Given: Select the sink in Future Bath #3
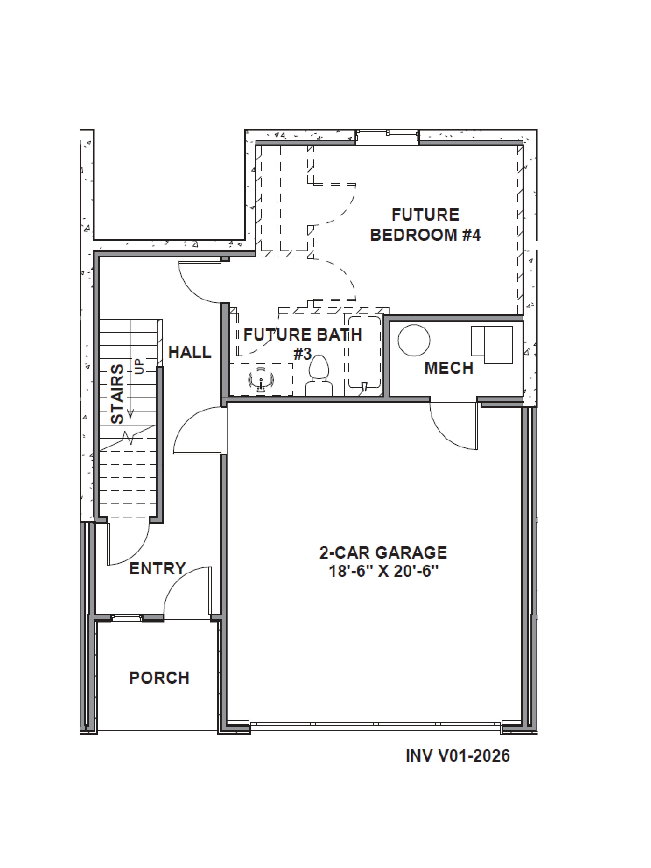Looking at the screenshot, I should point(261,380).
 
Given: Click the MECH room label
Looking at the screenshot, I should point(449,368).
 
